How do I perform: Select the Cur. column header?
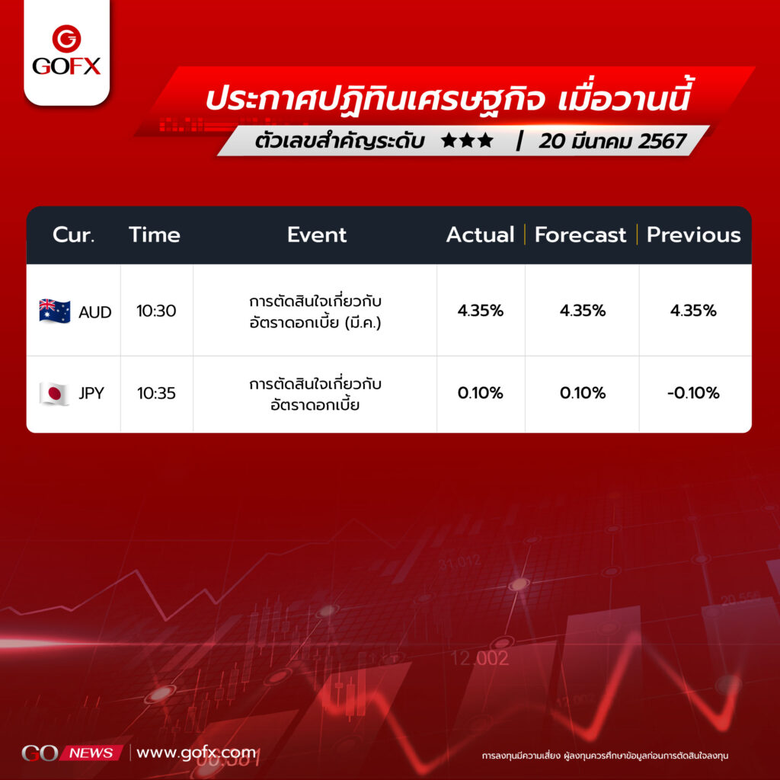click(x=73, y=235)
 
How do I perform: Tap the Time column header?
click(x=154, y=235)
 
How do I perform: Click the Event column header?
click(x=316, y=235)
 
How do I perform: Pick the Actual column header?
click(x=480, y=235)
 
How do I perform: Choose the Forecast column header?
click(x=580, y=235)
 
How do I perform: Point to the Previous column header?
click(x=693, y=235)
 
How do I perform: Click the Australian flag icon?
click(x=55, y=312)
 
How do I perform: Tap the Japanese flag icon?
click(x=54, y=394)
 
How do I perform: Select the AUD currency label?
click(x=94, y=312)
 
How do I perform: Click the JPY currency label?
click(x=91, y=394)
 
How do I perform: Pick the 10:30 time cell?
click(x=156, y=311)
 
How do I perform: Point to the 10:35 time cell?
click(x=156, y=394)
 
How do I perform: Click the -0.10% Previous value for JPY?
click(x=693, y=393)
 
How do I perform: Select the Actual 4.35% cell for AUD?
click(x=481, y=311)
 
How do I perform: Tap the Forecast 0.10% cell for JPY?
click(x=583, y=393)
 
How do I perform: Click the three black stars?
click(x=467, y=141)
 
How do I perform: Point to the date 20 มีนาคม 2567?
click(x=612, y=141)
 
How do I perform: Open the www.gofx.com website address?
click(x=196, y=753)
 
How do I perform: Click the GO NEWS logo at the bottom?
click(x=72, y=753)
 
